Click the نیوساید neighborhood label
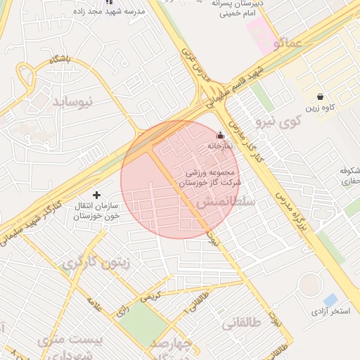click(x=72, y=101)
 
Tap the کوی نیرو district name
click(x=278, y=121)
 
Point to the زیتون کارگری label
click(x=96, y=263)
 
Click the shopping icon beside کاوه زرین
click(x=321, y=96)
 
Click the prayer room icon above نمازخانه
click(x=220, y=136)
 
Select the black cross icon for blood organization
click(x=97, y=193)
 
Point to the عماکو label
click(x=290, y=44)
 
